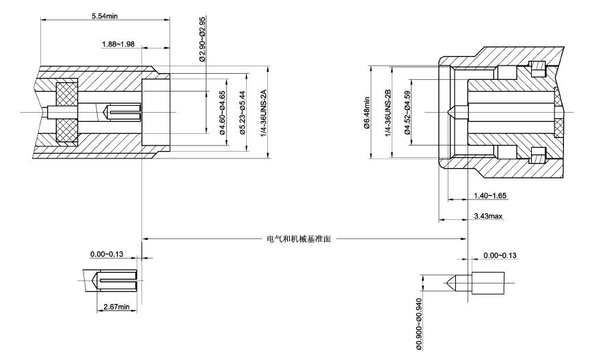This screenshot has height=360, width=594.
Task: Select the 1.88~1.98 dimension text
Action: [118, 44]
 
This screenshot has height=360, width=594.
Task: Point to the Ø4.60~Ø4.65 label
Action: [222, 113]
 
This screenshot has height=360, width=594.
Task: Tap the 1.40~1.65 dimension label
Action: [490, 195]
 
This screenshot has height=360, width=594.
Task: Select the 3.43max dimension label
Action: [488, 216]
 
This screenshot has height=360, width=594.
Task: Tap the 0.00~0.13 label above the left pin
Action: [107, 254]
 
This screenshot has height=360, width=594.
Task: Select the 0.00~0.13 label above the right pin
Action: [500, 255]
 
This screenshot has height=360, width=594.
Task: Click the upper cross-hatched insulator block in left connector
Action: [66, 92]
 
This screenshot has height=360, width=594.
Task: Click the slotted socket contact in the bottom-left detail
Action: [118, 280]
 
